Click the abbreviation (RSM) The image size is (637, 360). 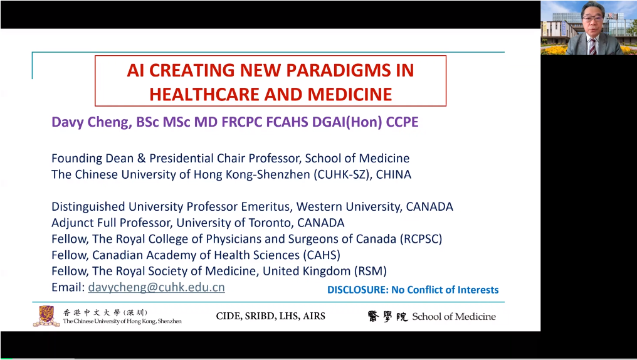pos(370,271)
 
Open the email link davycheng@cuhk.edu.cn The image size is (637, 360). pos(156,287)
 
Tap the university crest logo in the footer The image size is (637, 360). pos(47,316)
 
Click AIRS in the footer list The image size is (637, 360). pos(315,317)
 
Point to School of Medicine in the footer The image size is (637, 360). pos(454,317)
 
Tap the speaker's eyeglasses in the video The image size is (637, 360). pos(592,18)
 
